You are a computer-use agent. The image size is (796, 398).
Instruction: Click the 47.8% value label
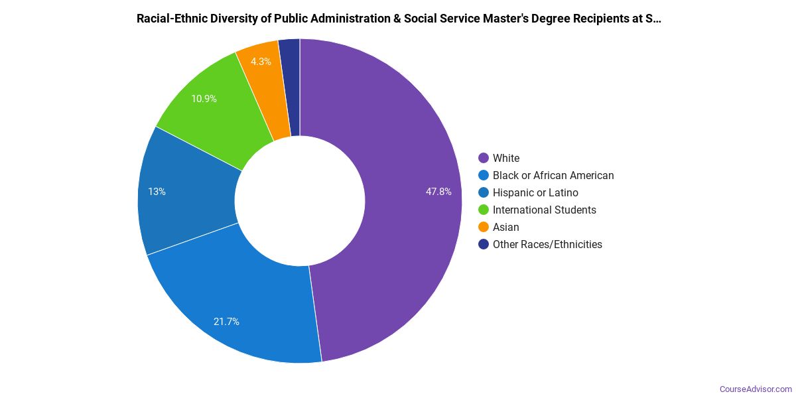438,192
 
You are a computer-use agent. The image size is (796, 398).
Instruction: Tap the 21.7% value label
226,322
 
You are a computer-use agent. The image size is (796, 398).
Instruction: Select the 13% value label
157,192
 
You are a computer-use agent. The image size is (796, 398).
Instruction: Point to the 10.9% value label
204,99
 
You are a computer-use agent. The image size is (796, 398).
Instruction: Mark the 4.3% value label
261,62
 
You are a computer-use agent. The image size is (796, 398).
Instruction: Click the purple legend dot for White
484,158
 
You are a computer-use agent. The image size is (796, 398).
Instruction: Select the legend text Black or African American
553,175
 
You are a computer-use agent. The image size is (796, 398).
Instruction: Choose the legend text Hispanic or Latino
535,192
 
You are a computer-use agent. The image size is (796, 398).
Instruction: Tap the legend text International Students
545,210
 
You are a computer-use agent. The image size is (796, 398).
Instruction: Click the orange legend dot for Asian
484,227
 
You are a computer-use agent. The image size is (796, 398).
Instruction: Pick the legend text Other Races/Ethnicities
547,244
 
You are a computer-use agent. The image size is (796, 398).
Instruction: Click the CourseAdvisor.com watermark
756,389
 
